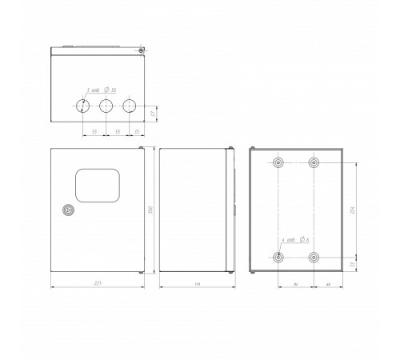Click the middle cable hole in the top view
106,105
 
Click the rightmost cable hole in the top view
129,105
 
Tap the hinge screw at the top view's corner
141,51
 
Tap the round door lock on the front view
66,212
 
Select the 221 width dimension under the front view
97,283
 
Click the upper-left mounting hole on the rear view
278,164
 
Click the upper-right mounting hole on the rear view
314,164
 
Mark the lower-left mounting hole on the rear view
278,258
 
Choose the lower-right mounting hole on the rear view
314,258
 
